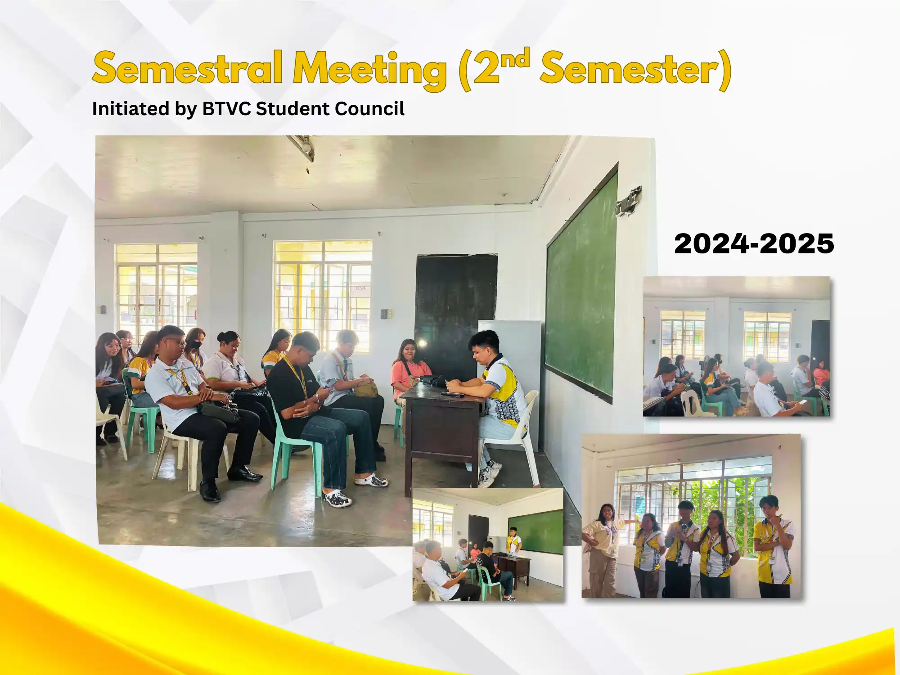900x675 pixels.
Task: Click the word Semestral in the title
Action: [188, 68]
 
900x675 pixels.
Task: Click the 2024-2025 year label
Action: [754, 243]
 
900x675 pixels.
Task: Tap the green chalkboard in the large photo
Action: [581, 288]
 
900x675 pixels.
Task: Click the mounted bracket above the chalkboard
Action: [629, 202]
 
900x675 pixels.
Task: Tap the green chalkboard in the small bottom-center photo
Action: [535, 532]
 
